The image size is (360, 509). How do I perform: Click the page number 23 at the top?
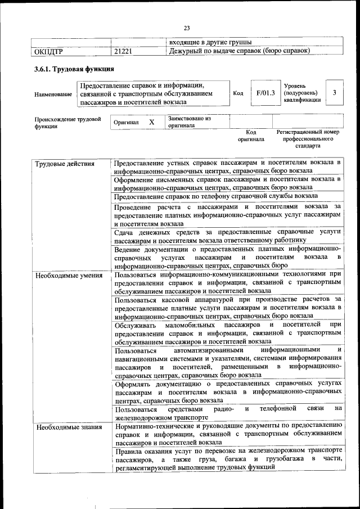[x=187, y=28]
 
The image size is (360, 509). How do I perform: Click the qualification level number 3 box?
[x=334, y=93]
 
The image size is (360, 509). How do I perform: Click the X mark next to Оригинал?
[x=151, y=122]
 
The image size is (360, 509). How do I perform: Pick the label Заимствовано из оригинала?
[x=188, y=122]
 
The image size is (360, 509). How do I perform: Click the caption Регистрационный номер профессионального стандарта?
[x=308, y=138]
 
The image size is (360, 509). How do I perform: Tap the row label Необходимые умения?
[x=68, y=276]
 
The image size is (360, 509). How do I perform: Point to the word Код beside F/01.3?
[x=238, y=93]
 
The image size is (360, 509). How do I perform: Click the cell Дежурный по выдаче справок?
[x=240, y=52]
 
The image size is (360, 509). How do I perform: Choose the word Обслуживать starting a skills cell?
[x=137, y=325]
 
